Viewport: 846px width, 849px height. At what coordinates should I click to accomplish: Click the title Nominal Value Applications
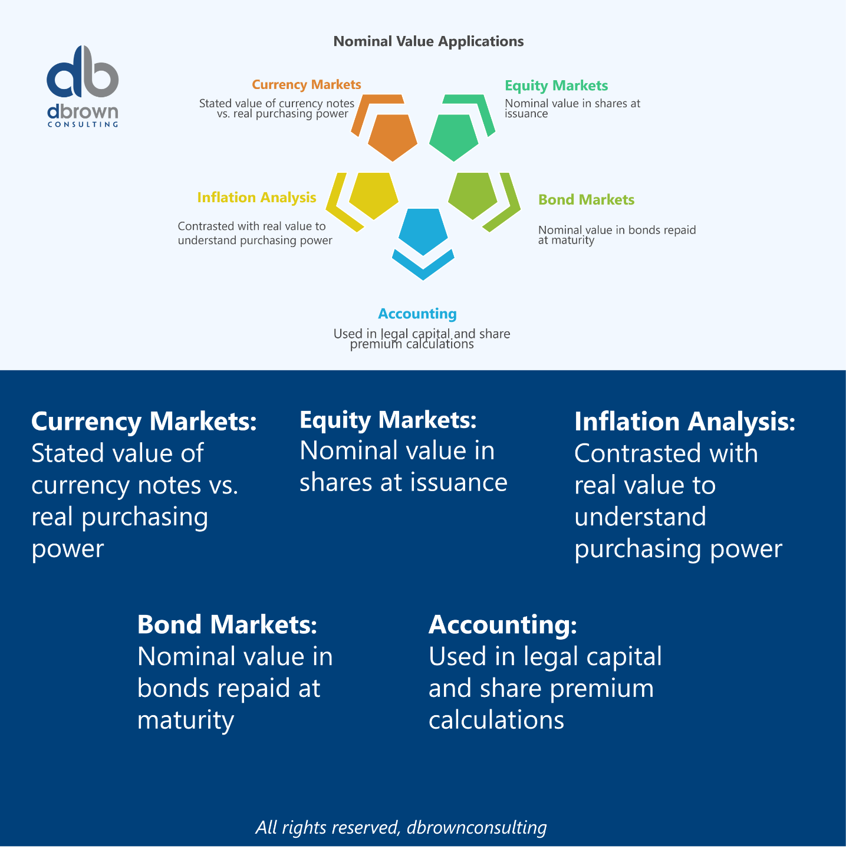429,41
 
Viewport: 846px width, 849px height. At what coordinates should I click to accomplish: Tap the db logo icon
83,73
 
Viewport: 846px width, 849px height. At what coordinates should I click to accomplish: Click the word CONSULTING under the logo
83,124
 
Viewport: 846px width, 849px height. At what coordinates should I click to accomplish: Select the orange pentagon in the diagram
393,136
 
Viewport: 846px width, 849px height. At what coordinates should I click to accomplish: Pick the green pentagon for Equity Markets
453,136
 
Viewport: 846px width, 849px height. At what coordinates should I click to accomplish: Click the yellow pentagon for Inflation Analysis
374,194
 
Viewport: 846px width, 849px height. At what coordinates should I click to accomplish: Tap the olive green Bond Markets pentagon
473,194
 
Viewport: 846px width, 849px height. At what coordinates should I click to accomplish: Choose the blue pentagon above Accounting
423,230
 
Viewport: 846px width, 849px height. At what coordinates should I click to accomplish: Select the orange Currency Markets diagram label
307,85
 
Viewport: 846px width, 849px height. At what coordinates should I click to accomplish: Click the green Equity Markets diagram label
556,86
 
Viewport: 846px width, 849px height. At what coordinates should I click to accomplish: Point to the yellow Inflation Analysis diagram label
256,198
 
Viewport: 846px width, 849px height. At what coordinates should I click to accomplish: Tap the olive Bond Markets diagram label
586,200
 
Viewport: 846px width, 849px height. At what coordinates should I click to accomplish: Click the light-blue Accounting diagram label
417,314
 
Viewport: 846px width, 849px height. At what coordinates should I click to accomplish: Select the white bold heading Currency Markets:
144,422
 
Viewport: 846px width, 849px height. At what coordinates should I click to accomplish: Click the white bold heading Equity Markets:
388,420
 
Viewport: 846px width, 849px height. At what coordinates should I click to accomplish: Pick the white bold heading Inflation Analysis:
684,422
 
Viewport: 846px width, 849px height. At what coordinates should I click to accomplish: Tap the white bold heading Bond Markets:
227,624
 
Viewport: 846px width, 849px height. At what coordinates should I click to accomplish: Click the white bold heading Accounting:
502,624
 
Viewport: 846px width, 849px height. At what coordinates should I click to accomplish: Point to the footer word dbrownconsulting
476,827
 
